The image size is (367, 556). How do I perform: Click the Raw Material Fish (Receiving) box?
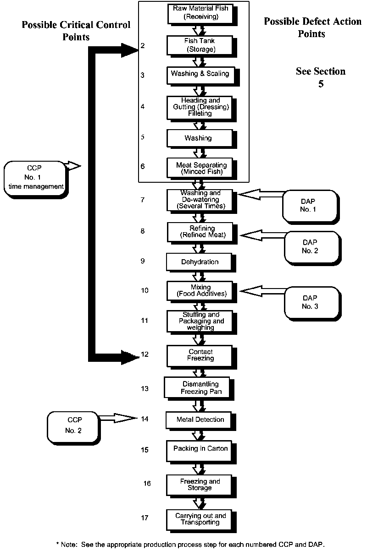(x=201, y=13)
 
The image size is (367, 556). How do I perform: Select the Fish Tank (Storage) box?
(x=201, y=45)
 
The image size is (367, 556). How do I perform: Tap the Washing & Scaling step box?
(x=200, y=74)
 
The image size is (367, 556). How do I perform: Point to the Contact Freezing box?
(x=200, y=355)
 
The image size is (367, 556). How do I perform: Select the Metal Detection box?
(x=200, y=420)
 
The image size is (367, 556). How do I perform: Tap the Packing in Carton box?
(x=200, y=449)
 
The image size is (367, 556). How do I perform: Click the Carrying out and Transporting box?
(x=200, y=519)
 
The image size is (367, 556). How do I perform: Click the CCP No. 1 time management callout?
(x=35, y=178)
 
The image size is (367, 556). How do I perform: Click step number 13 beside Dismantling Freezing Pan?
(x=145, y=389)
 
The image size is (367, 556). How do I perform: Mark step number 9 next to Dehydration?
(x=143, y=261)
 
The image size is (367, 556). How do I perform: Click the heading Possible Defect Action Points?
(x=312, y=27)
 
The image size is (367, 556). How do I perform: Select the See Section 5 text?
(x=321, y=77)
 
